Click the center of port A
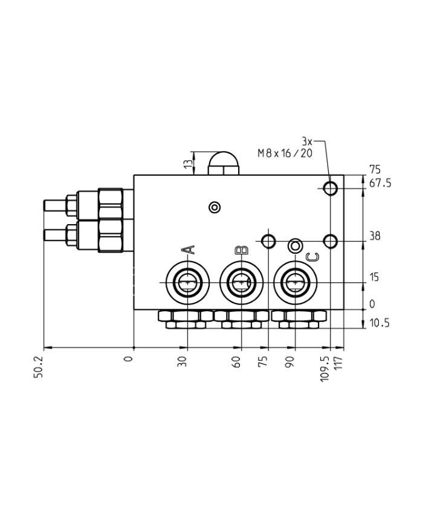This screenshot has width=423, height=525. pyautogui.click(x=188, y=282)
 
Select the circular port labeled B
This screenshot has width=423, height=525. pyautogui.click(x=241, y=282)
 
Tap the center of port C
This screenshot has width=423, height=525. pyautogui.click(x=295, y=282)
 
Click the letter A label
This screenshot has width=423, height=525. pyautogui.click(x=188, y=250)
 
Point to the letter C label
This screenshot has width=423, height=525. pyautogui.click(x=311, y=257)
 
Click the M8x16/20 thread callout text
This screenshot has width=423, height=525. pyautogui.click(x=285, y=153)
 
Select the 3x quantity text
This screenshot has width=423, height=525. pyautogui.click(x=307, y=141)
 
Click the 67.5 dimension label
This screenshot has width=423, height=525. pyautogui.click(x=379, y=183)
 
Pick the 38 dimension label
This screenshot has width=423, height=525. pyautogui.click(x=375, y=236)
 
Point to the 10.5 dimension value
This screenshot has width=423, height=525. pyautogui.click(x=379, y=323)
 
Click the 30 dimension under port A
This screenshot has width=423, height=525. pyautogui.click(x=183, y=362)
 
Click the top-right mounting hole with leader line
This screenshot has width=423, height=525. pyautogui.click(x=330, y=188)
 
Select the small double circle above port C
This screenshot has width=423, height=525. pyautogui.click(x=295, y=245)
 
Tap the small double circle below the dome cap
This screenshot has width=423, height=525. pyautogui.click(x=214, y=208)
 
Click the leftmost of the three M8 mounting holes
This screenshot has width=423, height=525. pyautogui.click(x=268, y=241)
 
